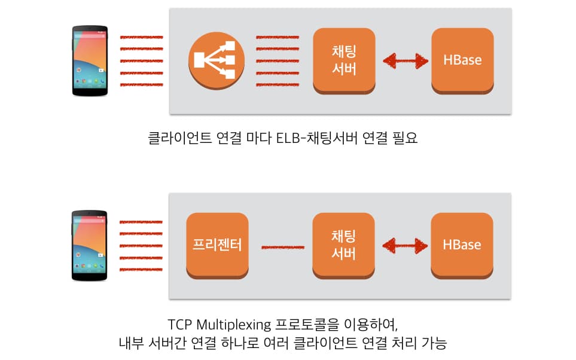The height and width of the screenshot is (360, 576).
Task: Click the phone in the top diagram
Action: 90,60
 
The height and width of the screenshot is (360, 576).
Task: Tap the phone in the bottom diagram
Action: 90,245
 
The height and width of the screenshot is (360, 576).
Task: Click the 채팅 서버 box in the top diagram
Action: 343,60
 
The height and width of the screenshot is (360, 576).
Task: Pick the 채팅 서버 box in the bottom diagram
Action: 343,245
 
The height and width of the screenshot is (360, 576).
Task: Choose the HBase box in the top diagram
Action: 462,60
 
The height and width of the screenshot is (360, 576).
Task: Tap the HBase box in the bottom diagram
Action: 462,245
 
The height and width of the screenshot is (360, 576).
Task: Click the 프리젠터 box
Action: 217,245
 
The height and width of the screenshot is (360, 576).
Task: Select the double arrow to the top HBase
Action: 406,60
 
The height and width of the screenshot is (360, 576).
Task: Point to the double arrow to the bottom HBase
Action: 406,245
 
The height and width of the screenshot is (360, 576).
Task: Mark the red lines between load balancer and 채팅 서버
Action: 278,60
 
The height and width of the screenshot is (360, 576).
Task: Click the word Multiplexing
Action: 234,326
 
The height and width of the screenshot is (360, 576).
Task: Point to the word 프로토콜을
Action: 305,326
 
